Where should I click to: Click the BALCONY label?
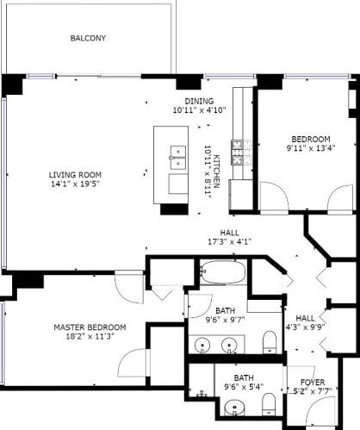[88, 39]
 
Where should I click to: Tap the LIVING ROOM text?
[75, 174]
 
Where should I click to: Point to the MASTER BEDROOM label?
[90, 327]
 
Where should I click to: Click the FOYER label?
[312, 382]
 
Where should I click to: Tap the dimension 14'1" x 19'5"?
[75, 184]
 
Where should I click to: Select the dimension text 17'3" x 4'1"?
[229, 242]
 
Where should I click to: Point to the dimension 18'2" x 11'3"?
[90, 336]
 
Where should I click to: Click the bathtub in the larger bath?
[222, 275]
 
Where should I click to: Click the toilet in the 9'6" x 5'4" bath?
[268, 404]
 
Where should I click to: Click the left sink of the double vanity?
[203, 346]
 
